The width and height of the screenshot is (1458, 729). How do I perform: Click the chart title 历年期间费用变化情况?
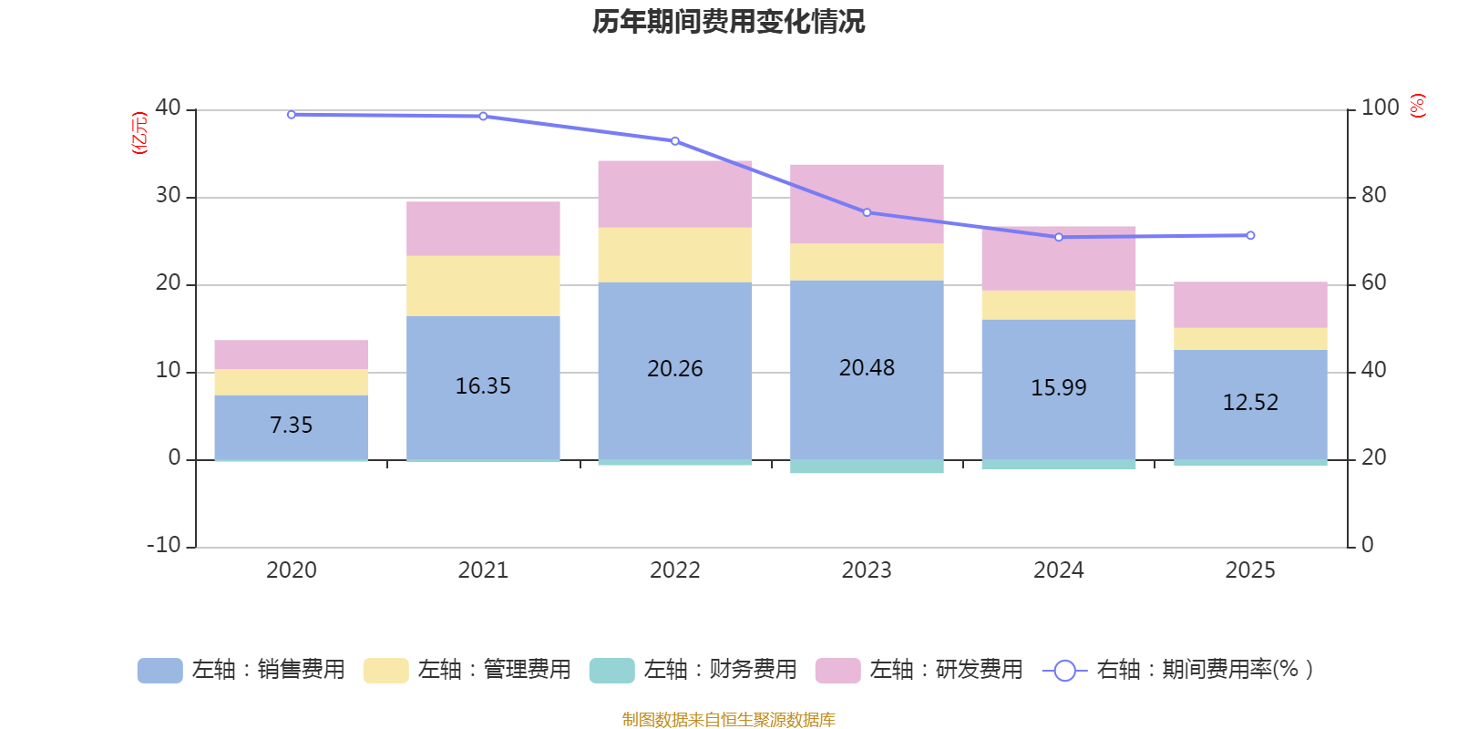728,22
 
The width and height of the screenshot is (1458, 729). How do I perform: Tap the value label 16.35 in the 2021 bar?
483,386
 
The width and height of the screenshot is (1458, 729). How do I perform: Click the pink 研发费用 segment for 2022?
675,194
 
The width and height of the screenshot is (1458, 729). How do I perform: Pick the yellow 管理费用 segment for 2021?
483,286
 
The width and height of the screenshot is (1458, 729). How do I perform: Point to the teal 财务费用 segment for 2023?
867,467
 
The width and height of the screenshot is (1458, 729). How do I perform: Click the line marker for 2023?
867,212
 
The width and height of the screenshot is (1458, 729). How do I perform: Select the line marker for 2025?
1250,235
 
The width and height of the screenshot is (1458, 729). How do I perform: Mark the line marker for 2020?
292,115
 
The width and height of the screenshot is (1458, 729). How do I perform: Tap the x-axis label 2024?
1058,570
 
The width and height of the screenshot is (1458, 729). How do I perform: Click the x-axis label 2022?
675,570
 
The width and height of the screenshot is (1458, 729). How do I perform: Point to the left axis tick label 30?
168,196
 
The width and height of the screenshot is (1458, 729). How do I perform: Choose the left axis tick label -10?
164,545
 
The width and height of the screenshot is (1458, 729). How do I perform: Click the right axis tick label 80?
1373,196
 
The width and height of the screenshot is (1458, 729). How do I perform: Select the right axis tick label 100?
1380,108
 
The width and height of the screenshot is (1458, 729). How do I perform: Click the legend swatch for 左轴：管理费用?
385,671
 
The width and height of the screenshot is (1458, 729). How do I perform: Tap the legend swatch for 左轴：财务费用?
611,671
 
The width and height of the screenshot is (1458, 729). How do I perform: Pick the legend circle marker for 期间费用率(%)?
1064,671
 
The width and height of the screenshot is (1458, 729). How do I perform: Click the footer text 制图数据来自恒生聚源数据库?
728,720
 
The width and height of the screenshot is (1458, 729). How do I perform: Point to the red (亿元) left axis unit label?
139,133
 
